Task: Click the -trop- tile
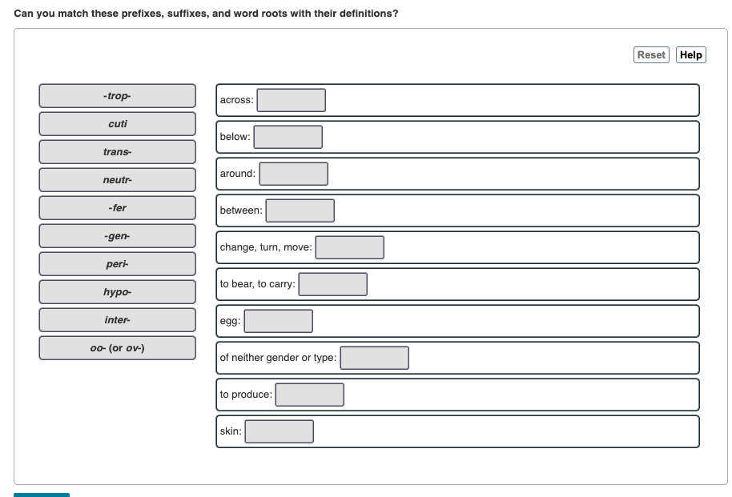click(x=117, y=96)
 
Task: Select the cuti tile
click(x=117, y=124)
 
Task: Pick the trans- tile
click(x=117, y=152)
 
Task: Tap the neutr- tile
click(x=117, y=180)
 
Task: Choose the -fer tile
click(x=117, y=208)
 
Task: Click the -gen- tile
click(x=117, y=236)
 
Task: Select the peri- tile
click(x=117, y=264)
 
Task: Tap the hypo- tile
click(x=117, y=292)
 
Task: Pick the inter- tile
click(x=117, y=320)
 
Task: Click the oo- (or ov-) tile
click(x=117, y=348)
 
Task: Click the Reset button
click(x=651, y=55)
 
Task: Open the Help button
click(x=690, y=55)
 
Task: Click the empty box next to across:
click(x=291, y=100)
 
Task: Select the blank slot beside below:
click(x=288, y=137)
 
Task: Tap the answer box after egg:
click(x=278, y=321)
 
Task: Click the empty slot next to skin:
click(x=279, y=431)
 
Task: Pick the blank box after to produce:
click(x=309, y=395)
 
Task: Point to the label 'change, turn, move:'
click(x=266, y=247)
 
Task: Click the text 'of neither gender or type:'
click(x=278, y=358)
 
